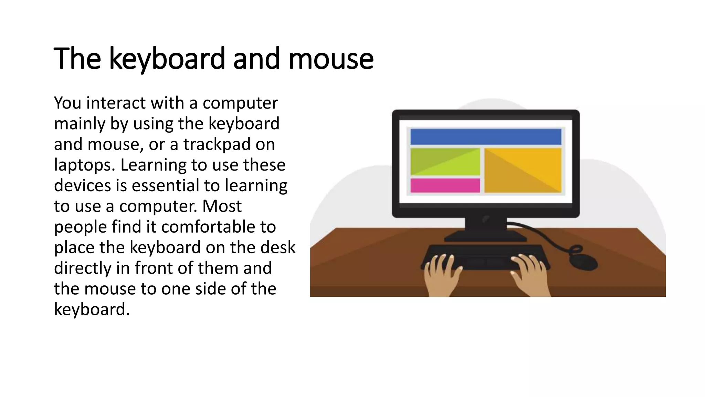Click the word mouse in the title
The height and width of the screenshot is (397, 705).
coord(330,59)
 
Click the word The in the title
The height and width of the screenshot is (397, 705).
coord(77,59)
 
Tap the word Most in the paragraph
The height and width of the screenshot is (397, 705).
coord(222,206)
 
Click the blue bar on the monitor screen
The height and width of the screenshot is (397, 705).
coord(485,136)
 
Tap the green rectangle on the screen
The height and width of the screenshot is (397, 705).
coord(445,162)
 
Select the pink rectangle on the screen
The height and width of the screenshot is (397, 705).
coord(445,185)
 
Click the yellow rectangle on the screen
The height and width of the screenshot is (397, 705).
coord(523,170)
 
